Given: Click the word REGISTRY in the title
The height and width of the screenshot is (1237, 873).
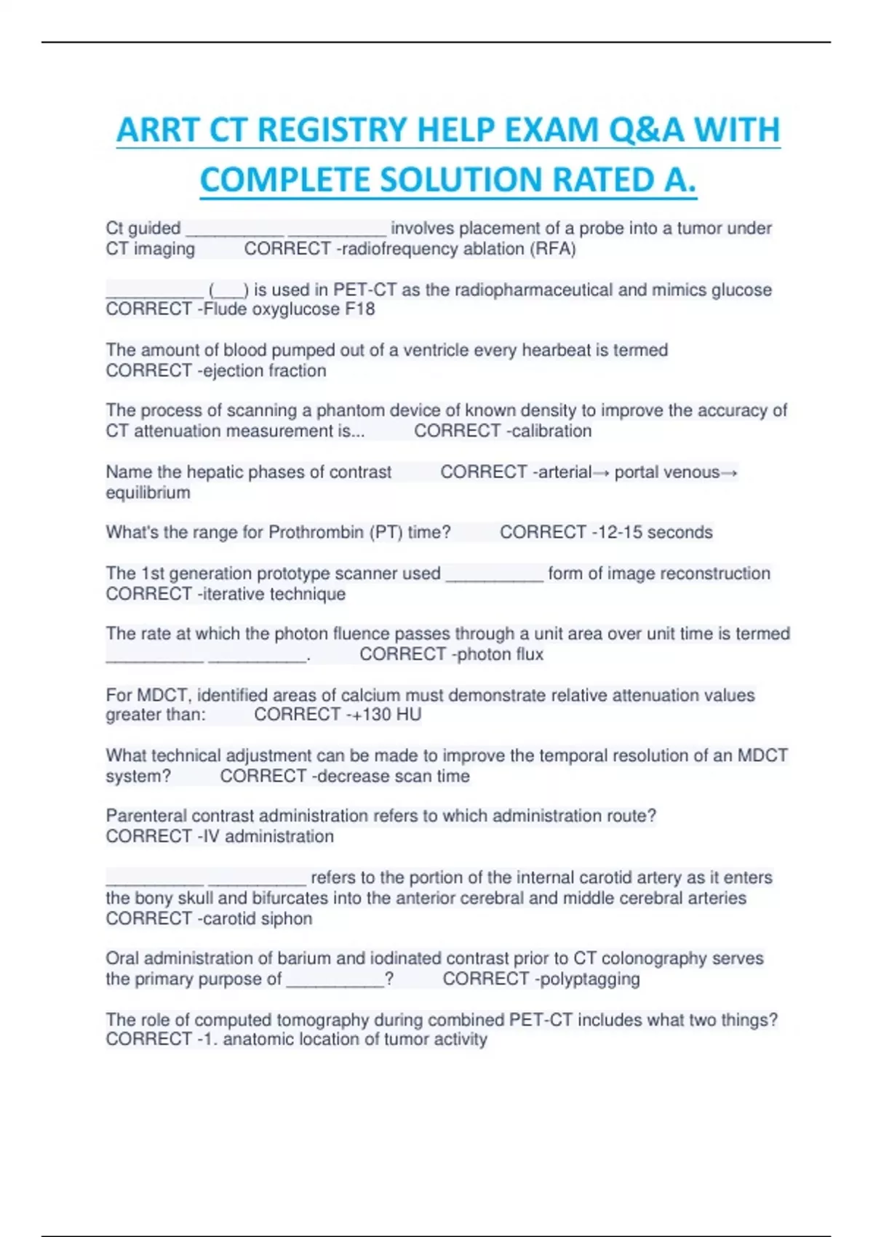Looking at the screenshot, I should click(x=323, y=130).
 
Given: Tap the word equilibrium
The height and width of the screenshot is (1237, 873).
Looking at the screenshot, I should click(x=148, y=493).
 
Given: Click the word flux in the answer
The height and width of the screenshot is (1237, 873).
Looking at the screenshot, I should click(x=529, y=654).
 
